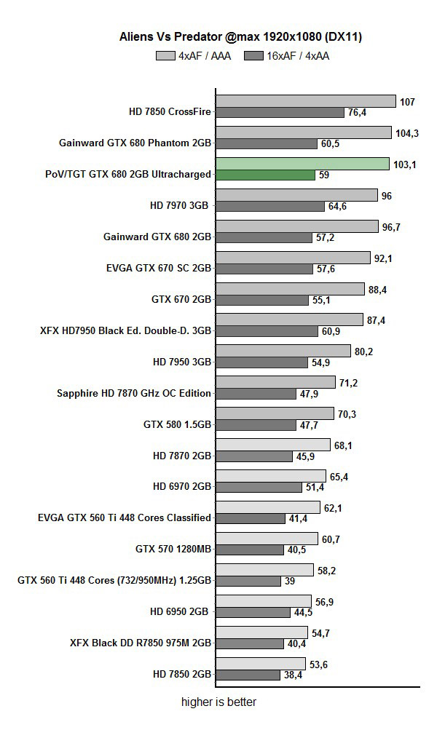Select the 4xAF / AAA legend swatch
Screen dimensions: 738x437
click(x=165, y=55)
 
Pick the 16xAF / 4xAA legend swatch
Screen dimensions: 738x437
click(x=255, y=55)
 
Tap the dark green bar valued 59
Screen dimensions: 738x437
click(x=265, y=175)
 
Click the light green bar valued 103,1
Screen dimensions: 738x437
click(x=302, y=164)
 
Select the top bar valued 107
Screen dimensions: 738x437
click(x=305, y=101)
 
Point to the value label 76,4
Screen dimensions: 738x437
click(x=358, y=113)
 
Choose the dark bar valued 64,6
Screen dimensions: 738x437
click(x=270, y=207)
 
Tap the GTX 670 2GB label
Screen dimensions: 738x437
click(x=181, y=299)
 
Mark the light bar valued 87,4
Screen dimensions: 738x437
click(x=289, y=320)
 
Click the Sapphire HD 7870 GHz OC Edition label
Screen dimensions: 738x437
click(x=134, y=393)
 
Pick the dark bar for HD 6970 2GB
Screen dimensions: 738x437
click(x=259, y=488)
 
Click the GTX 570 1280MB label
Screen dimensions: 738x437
click(x=173, y=549)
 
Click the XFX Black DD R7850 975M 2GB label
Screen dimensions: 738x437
click(x=141, y=643)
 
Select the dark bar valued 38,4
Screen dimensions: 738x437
click(x=248, y=675)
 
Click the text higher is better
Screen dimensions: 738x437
click(x=219, y=702)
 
